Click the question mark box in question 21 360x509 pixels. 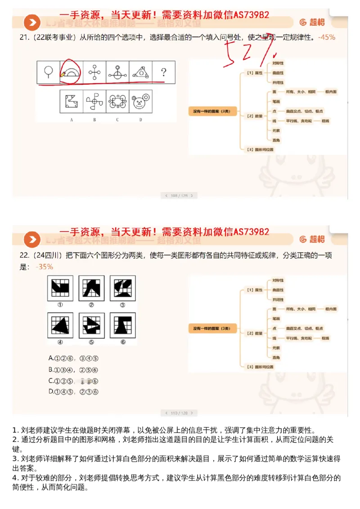[164, 72]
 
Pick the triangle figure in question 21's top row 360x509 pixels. [141, 72]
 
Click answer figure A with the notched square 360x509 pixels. [72, 101]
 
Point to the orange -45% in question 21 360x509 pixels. [326, 37]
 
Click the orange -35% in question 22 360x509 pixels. [45, 266]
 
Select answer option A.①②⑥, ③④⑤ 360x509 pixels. [73, 359]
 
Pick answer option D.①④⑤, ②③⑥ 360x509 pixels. [73, 392]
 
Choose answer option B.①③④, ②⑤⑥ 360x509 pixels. [73, 369]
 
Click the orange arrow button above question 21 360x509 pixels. [32, 23]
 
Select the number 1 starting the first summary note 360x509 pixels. [15, 430]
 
